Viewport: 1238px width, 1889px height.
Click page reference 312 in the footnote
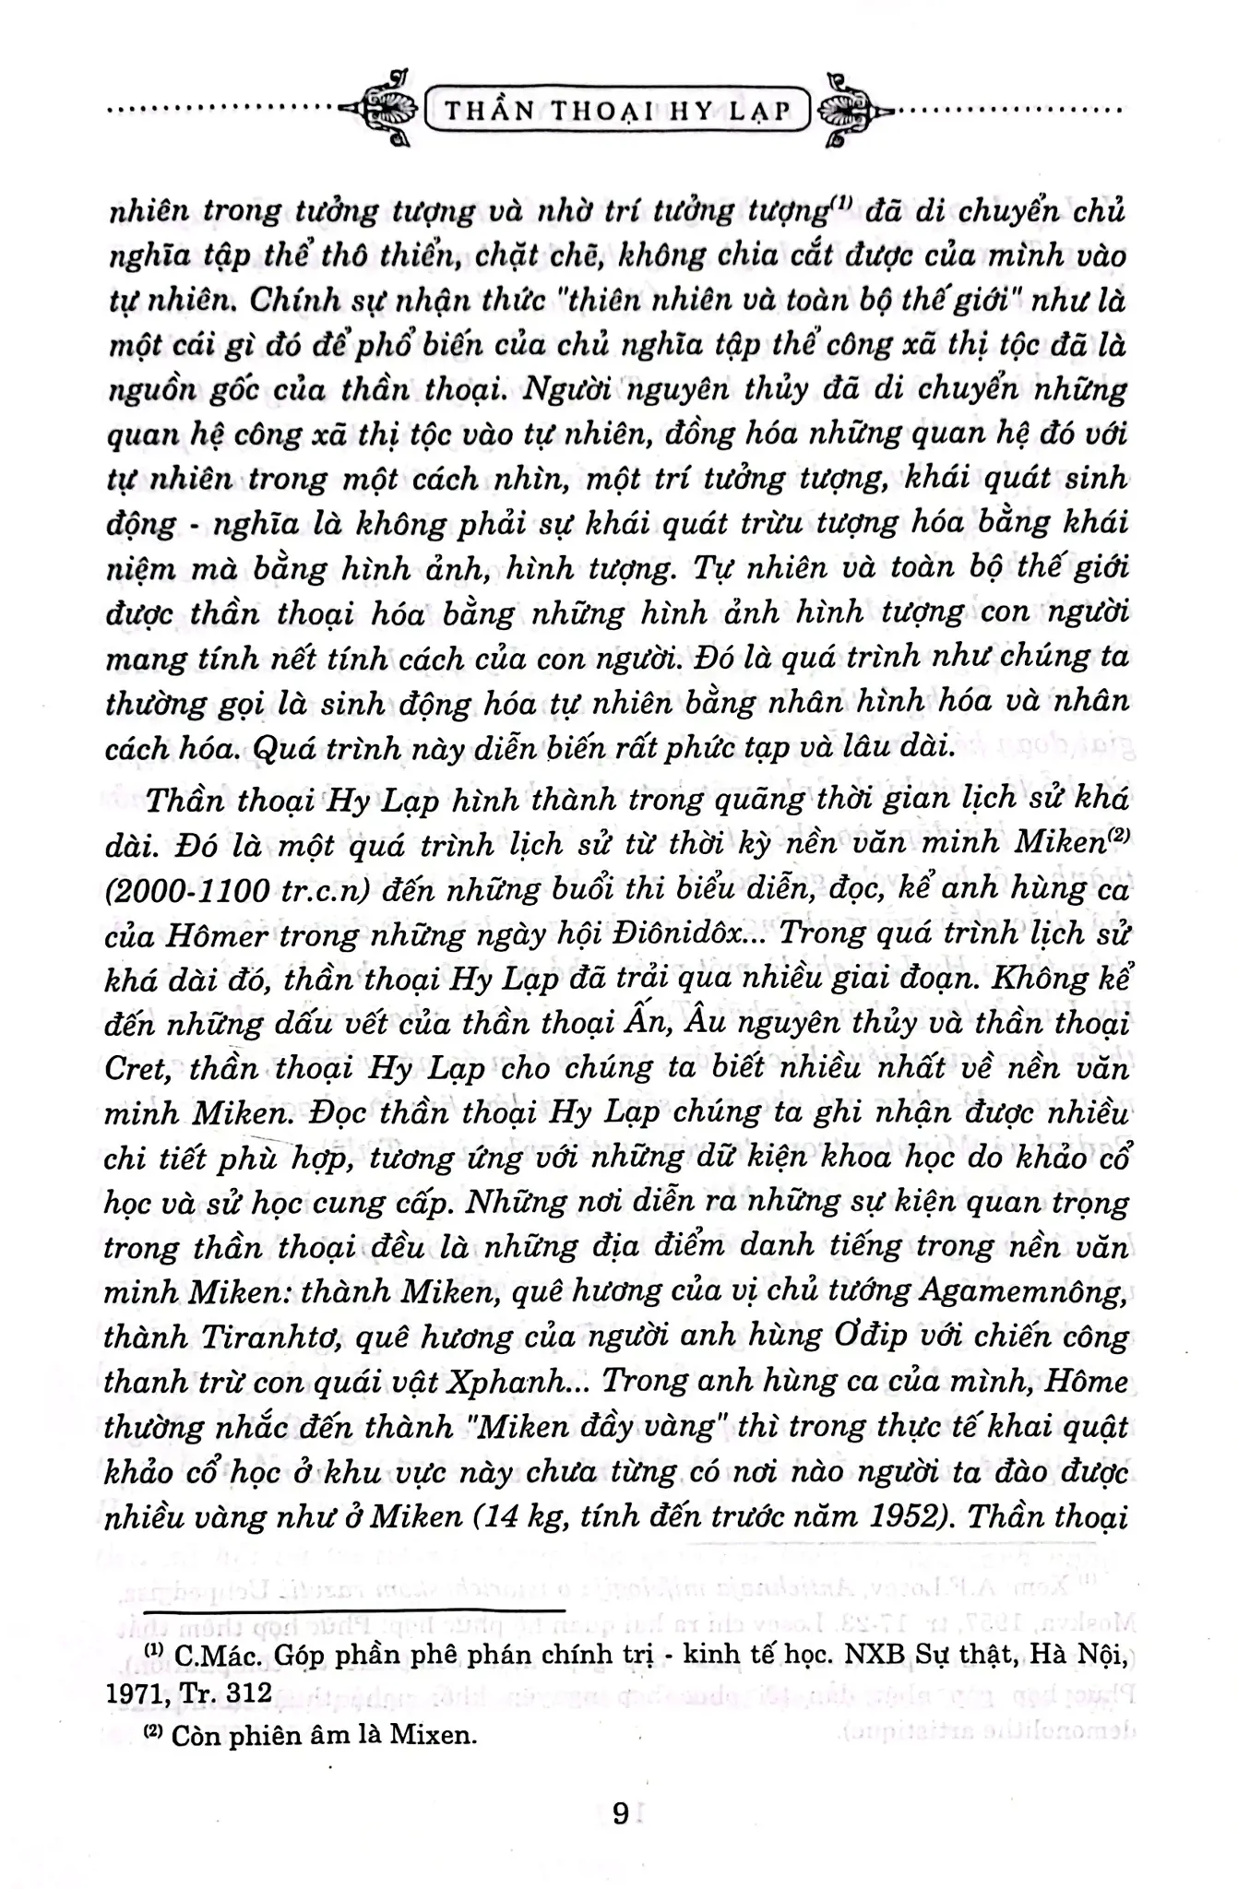point(247,1692)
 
